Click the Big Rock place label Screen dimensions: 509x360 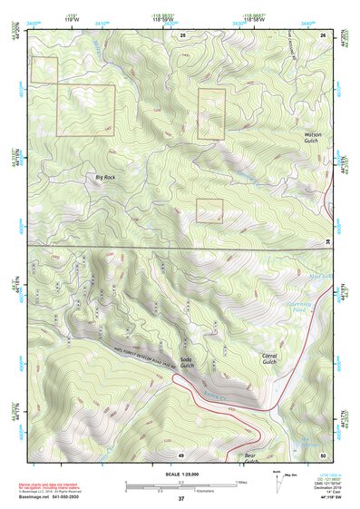pos(105,178)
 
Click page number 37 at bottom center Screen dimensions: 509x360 pos(180,499)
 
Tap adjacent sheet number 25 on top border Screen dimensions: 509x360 pos(181,34)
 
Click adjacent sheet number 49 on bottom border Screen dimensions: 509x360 pos(180,454)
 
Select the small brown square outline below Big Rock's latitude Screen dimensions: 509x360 pos(209,210)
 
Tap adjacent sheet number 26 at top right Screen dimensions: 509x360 pos(323,34)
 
